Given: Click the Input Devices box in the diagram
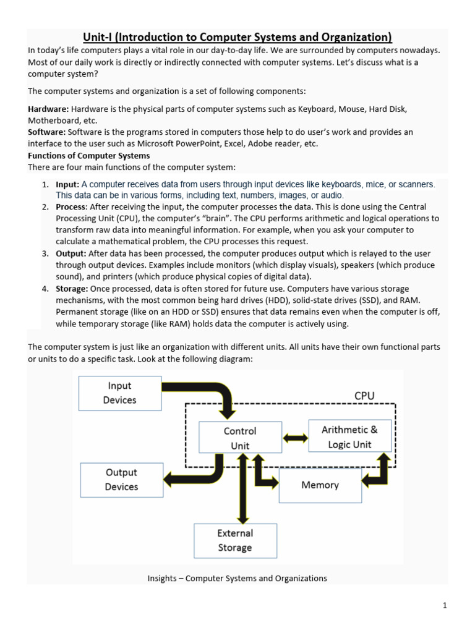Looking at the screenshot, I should (119, 393).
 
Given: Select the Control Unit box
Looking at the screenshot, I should (240, 438).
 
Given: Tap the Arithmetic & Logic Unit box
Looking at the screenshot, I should (349, 436).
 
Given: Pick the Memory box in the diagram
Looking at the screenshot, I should (320, 485).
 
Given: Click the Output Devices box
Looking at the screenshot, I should (121, 480).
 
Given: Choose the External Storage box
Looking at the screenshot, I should (235, 540).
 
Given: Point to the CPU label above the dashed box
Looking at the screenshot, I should (364, 396).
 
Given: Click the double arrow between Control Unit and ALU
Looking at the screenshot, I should (295, 438).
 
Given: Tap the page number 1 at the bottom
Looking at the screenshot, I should (444, 606).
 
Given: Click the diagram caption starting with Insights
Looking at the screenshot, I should (237, 579).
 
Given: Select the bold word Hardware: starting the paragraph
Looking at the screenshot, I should (48, 109).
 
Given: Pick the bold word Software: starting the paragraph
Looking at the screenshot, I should (47, 132).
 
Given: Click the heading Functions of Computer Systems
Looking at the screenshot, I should (89, 156).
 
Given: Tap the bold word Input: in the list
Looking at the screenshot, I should (67, 184).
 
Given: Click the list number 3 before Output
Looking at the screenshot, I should (45, 254).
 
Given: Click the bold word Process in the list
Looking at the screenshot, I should (71, 207).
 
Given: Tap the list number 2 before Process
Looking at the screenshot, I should (45, 207).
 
